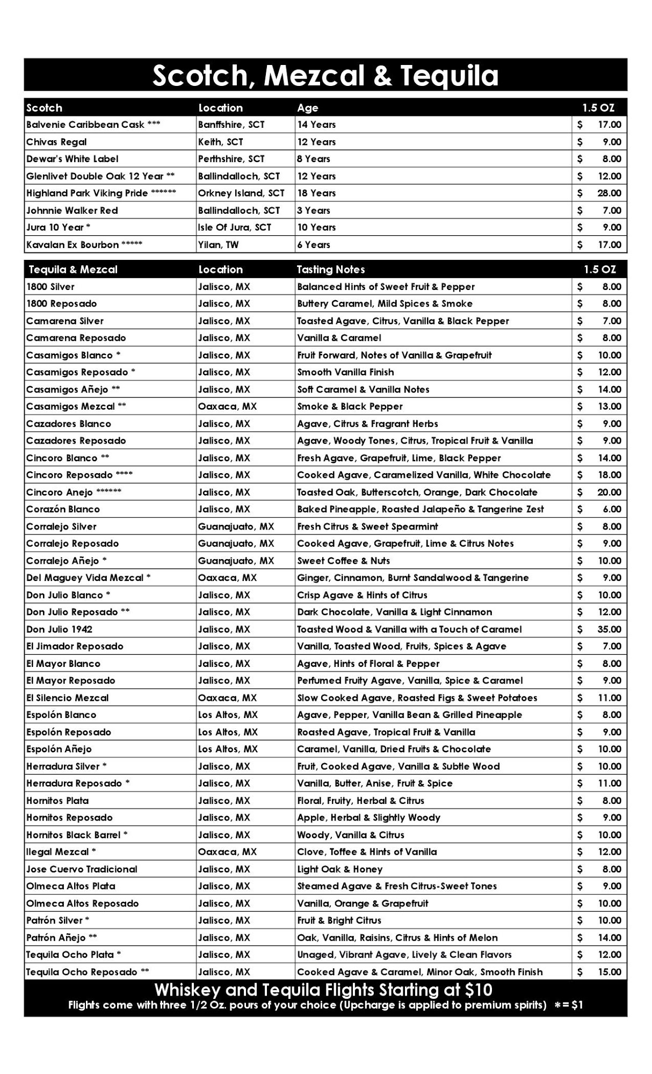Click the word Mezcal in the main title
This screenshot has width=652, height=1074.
click(x=315, y=76)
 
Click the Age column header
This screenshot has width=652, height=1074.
click(x=307, y=108)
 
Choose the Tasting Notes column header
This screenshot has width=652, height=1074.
click(x=330, y=270)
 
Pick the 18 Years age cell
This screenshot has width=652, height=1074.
click(x=316, y=193)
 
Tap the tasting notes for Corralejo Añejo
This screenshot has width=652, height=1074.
click(x=344, y=561)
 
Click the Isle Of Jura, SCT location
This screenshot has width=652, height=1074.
click(x=234, y=228)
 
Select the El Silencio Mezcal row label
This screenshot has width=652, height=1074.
click(x=67, y=698)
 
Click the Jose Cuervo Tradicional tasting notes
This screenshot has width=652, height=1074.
click(x=339, y=869)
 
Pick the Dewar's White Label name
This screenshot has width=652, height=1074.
click(x=73, y=159)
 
